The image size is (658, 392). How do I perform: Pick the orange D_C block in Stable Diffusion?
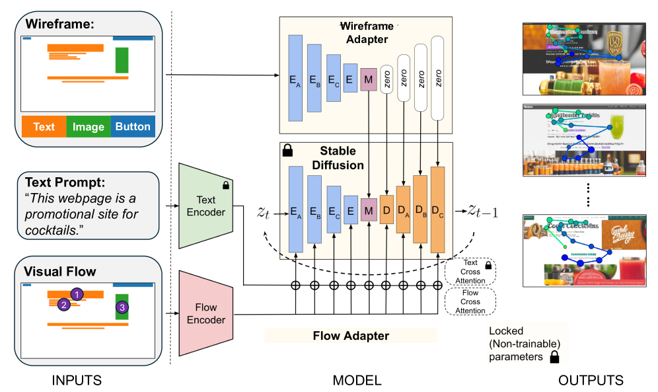pos(437,210)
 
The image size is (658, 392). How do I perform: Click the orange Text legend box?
pos(44,126)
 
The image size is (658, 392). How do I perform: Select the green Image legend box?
pos(89,126)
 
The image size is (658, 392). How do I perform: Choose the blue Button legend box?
pos(133,126)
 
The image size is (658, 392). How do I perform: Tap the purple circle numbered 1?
pos(77,294)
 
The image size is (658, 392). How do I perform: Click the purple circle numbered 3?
pos(122,307)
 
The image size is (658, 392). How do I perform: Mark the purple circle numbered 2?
pos(63,305)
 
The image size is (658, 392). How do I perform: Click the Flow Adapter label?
pos(350,336)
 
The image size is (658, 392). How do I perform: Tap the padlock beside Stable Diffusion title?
pos(287,151)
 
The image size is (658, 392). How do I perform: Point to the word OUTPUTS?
pos(591,380)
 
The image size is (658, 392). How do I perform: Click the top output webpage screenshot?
pos(582,59)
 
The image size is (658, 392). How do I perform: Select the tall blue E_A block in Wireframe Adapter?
pos(295,79)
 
